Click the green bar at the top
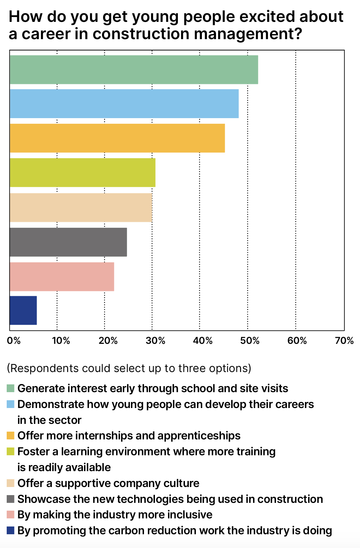point(134,69)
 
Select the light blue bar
point(124,104)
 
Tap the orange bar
point(117,138)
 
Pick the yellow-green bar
point(83,172)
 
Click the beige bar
point(81,207)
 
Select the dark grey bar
point(68,242)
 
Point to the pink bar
point(62,276)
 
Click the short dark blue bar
point(23,310)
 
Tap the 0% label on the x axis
point(14,341)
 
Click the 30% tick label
point(156,341)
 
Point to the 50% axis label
point(250,341)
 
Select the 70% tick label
point(344,341)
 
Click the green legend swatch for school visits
point(11,388)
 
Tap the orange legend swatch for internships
point(11,436)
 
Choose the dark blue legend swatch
point(11,530)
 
